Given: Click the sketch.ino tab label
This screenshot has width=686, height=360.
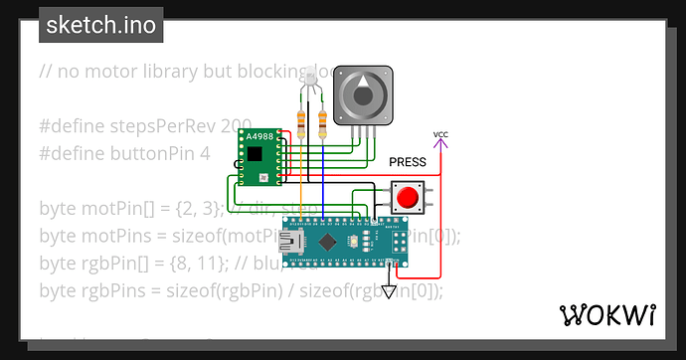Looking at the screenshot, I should tap(100, 25).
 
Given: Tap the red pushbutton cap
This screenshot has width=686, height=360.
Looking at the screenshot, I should tap(406, 197).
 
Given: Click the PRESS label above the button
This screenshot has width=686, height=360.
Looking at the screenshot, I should tap(408, 162).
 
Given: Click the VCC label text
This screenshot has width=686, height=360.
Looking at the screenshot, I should tap(440, 134).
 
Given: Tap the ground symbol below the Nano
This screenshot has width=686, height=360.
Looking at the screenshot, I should tap(390, 294).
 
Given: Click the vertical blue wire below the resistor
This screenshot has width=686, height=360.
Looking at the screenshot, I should tap(321, 179).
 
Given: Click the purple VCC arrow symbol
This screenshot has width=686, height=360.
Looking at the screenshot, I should tap(440, 144).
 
